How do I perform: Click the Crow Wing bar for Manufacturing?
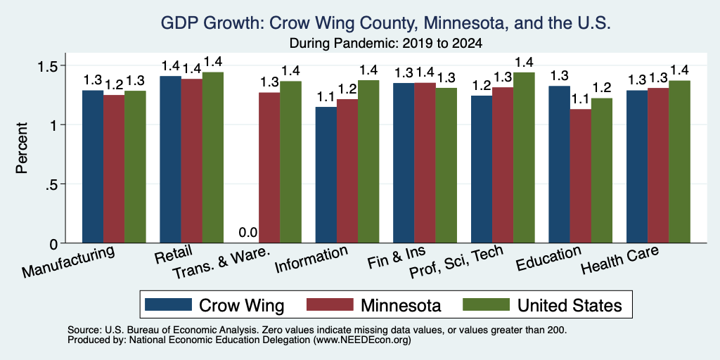(93, 167)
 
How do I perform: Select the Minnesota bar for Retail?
(191, 161)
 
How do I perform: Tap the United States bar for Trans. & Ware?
(290, 162)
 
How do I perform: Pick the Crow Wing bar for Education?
(559, 165)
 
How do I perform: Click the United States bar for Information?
(368, 162)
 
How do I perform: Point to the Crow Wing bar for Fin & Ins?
(404, 163)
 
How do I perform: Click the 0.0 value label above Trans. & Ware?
(248, 233)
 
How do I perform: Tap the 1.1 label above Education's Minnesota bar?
(580, 98)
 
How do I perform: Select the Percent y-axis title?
(22, 148)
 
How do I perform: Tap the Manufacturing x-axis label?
(68, 262)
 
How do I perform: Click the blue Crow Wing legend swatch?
(168, 304)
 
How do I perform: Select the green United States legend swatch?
(487, 304)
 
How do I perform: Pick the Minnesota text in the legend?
(401, 305)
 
